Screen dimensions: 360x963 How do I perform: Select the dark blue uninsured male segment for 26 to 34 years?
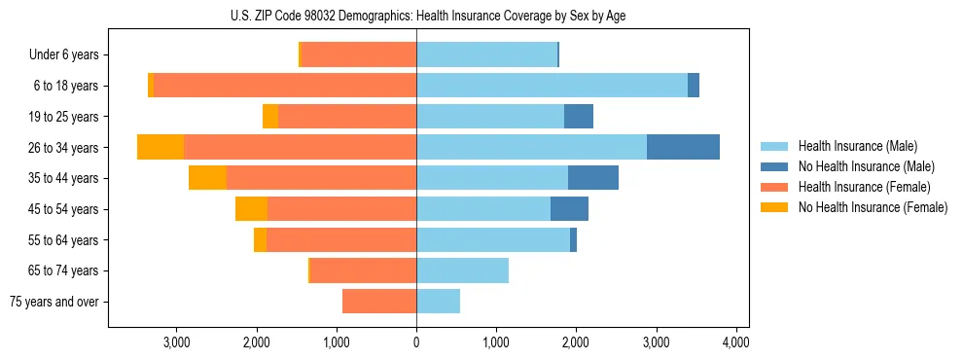(683, 147)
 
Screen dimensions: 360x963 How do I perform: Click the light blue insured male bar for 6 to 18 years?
(552, 86)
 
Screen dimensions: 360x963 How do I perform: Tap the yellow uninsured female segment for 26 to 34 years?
(160, 147)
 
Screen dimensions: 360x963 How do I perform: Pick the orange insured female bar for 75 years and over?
(379, 302)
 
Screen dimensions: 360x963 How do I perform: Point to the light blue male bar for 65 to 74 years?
(462, 270)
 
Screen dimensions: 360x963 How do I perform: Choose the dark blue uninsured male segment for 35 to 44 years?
(593, 178)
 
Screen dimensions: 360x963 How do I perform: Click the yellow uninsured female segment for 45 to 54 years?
(251, 209)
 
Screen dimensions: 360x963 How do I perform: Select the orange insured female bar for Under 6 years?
(359, 54)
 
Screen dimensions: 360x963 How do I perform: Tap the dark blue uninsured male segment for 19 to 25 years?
(579, 117)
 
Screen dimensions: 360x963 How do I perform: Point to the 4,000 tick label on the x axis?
(735, 342)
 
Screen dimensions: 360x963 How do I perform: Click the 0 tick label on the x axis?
(416, 342)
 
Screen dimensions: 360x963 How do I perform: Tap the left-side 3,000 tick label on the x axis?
(176, 342)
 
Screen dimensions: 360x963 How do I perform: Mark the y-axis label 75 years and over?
(54, 302)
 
